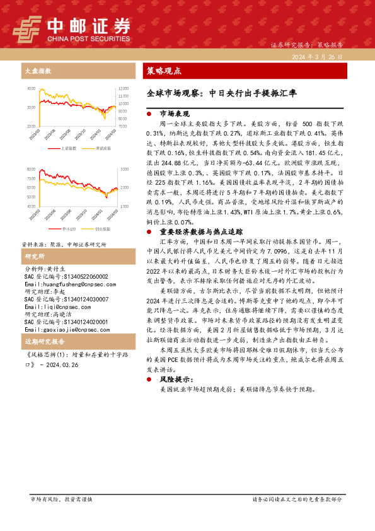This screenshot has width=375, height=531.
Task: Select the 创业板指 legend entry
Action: point(99,228)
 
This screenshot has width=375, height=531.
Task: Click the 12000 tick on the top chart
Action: point(123,88)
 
